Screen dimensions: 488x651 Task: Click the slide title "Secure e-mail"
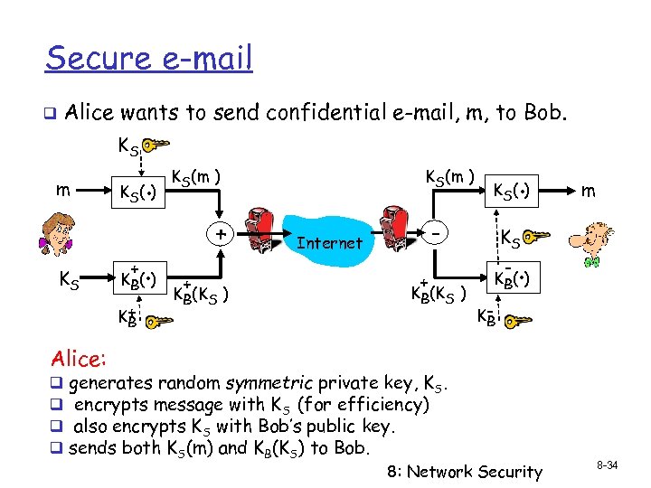coord(149,59)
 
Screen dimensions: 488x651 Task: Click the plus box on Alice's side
coord(220,234)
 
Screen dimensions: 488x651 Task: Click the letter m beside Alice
coord(60,191)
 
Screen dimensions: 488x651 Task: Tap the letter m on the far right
coord(589,192)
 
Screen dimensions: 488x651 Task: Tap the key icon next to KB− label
coord(516,320)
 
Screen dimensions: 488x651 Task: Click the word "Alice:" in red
coord(79,359)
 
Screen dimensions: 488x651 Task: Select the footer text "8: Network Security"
coord(465,471)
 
